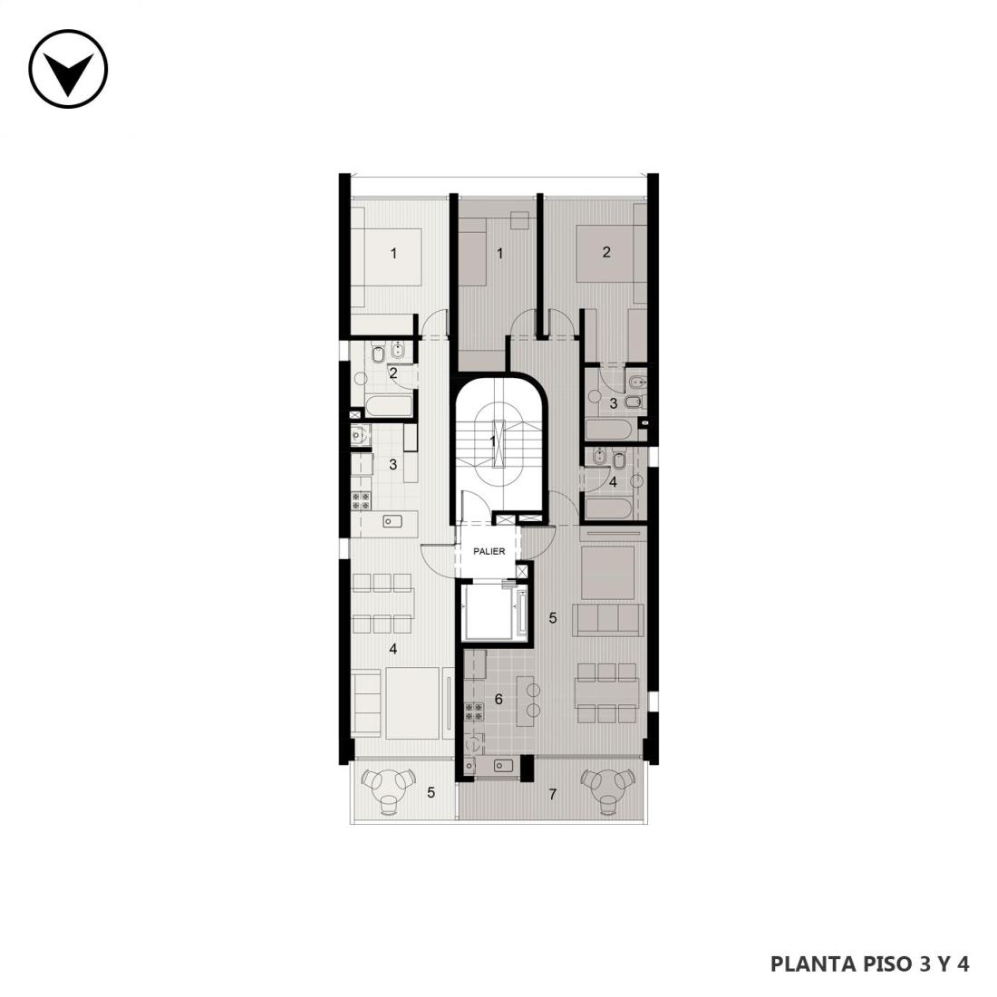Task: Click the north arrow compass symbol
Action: coord(68,69)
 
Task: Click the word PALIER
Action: coord(489,551)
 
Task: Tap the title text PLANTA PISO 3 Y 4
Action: coord(869,963)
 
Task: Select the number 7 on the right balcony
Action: coord(553,794)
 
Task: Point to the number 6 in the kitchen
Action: coord(498,700)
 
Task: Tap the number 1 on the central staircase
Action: coord(493,440)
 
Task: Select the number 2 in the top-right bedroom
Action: coord(606,252)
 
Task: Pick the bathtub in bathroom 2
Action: coord(389,407)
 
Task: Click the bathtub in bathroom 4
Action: coord(608,509)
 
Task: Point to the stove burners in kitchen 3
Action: coord(362,500)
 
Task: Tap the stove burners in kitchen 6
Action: coord(474,711)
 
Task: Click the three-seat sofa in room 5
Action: coord(606,619)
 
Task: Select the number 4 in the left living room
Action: coord(393,649)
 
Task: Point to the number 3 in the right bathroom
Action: coord(613,403)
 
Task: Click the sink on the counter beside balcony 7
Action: coord(504,765)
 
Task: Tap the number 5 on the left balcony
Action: coord(431,793)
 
